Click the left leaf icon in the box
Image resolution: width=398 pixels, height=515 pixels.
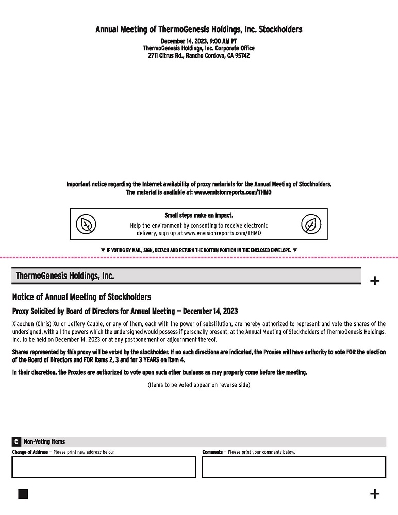pyautogui.click(x=86, y=225)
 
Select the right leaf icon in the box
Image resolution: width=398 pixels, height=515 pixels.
pyautogui.click(x=311, y=225)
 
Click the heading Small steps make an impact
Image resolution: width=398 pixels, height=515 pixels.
pyautogui.click(x=198, y=215)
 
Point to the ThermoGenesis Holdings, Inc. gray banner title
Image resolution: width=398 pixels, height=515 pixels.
pyautogui.click(x=65, y=276)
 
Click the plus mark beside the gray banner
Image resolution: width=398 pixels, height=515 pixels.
pyautogui.click(x=375, y=281)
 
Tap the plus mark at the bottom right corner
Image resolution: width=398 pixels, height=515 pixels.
pyautogui.click(x=375, y=494)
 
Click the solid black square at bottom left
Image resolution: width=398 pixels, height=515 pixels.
pyautogui.click(x=23, y=494)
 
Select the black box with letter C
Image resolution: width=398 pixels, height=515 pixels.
pyautogui.click(x=16, y=442)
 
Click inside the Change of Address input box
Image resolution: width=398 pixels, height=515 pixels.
pyautogui.click(x=104, y=467)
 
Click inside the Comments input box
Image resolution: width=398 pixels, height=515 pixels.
pyautogui.click(x=293, y=467)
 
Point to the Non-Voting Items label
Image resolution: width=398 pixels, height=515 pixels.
pyautogui.click(x=44, y=442)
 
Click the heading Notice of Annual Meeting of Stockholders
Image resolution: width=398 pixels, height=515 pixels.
pyautogui.click(x=81, y=297)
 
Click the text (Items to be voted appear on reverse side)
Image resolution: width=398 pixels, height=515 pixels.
pyautogui.click(x=198, y=385)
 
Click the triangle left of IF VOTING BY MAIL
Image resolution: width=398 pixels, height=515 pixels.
pyautogui.click(x=103, y=250)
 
